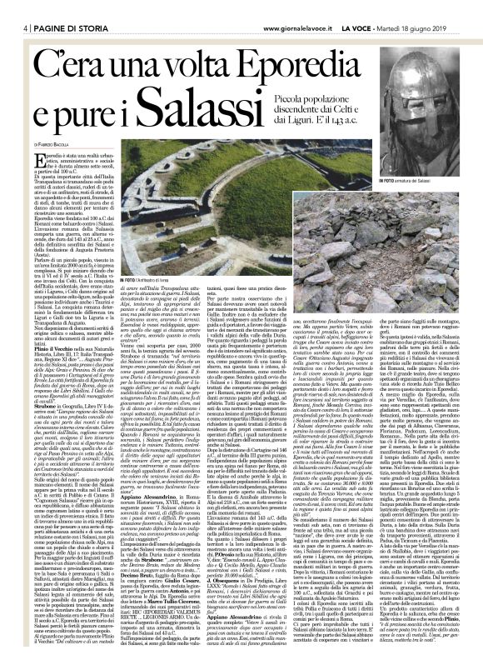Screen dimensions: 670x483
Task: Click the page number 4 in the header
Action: (x=7, y=7)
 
